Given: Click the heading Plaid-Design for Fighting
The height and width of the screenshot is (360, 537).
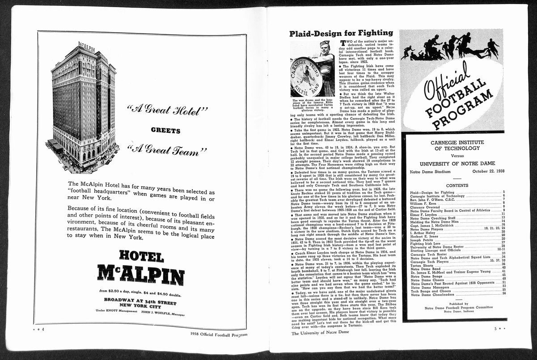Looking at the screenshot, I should (341, 33).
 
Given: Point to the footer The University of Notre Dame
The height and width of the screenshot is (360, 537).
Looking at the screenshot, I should (320, 333).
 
